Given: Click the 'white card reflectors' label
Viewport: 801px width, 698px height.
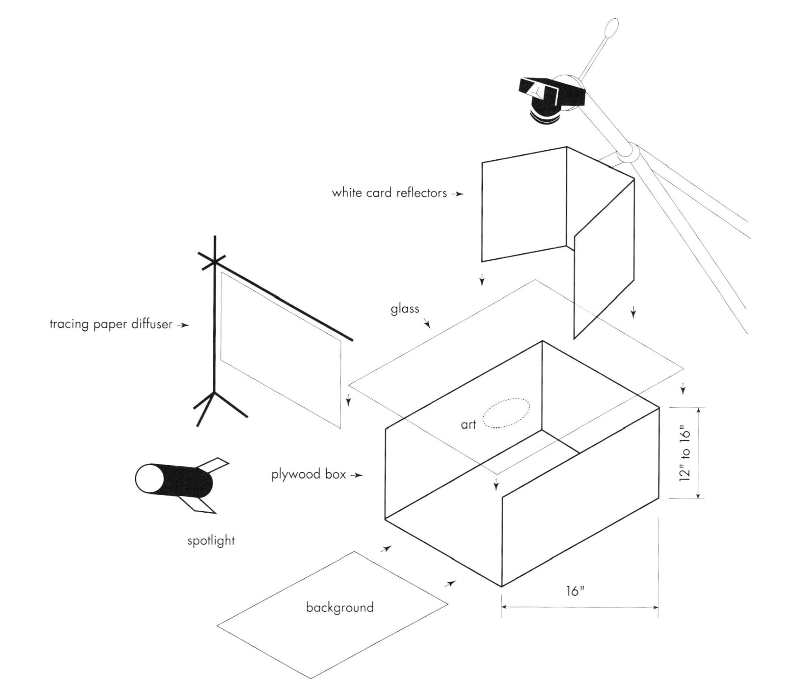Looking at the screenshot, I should [x=389, y=193].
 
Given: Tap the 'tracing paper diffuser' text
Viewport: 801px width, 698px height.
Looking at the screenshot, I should [x=111, y=325].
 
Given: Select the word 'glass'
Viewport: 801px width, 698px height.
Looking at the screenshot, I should [x=405, y=309].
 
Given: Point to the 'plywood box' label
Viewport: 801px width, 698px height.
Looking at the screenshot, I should [x=308, y=475].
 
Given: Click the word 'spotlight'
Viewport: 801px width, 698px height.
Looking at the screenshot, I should [x=211, y=541].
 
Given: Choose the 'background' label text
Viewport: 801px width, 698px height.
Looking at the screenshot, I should [x=340, y=607].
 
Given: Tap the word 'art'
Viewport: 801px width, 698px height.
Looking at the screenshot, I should [x=468, y=425].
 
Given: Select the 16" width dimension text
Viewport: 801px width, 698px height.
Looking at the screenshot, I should [x=575, y=591].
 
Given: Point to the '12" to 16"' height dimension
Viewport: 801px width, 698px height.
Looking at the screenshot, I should [x=685, y=454].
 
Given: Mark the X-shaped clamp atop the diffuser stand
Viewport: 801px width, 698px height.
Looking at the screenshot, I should [x=214, y=262].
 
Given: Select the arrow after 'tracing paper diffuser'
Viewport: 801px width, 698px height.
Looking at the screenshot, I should [x=184, y=325].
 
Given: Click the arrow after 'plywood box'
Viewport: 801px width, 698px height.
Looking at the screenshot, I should [x=357, y=475].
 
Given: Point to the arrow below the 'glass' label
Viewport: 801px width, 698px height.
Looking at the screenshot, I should [x=427, y=324].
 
